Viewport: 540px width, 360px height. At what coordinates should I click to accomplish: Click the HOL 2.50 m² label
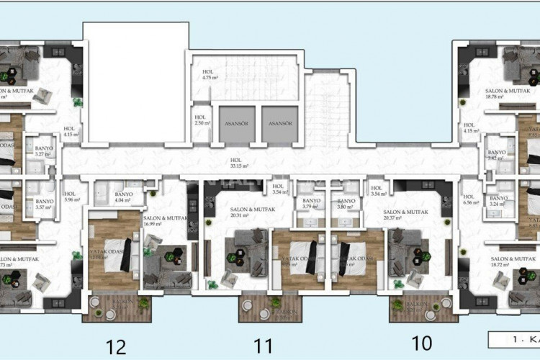point(202,120)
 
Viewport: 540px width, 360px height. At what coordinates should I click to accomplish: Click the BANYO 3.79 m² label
point(311,204)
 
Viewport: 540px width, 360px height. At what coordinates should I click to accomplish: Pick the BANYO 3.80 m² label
point(347,204)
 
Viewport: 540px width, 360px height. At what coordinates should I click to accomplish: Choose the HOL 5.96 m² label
point(70,197)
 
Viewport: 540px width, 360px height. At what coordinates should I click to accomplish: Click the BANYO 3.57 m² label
point(45,204)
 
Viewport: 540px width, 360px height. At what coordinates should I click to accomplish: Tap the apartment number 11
point(264,346)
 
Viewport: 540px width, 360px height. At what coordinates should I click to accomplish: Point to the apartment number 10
point(423,344)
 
